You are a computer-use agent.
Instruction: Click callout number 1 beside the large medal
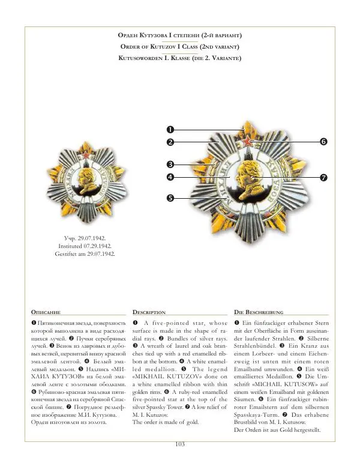click(170, 129)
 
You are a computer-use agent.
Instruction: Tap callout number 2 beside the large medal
click(170, 142)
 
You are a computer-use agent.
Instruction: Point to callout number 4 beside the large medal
click(170, 177)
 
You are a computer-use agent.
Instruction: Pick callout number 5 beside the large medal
click(170, 198)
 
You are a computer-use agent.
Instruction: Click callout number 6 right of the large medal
click(323, 142)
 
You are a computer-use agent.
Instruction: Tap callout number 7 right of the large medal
click(323, 177)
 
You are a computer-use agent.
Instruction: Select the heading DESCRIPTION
click(149, 313)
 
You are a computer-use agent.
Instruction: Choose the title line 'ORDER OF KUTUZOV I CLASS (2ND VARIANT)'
click(180, 46)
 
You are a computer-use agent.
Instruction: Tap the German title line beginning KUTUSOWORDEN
click(180, 58)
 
